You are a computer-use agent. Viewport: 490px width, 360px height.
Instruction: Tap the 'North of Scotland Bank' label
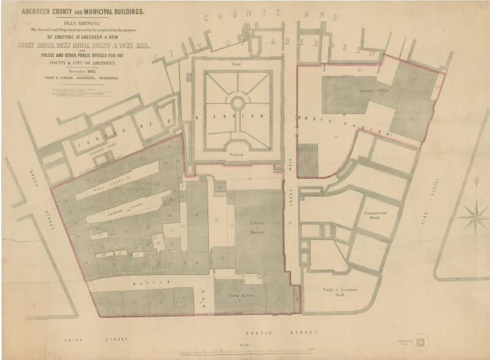(x=341, y=291)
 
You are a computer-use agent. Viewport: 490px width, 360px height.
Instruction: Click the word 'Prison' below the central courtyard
(x=236, y=155)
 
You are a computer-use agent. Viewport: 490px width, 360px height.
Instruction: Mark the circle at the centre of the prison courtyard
(x=236, y=103)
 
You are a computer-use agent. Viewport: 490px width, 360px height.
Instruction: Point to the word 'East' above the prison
(x=236, y=64)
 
